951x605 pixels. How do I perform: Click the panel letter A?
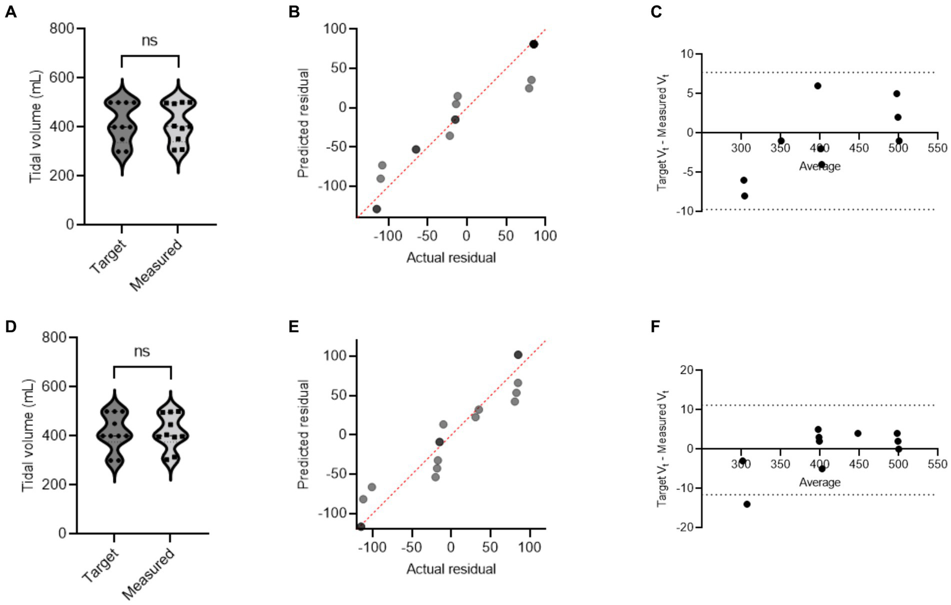(11, 12)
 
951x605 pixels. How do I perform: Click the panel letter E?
(294, 327)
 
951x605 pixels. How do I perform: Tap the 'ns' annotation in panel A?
(149, 41)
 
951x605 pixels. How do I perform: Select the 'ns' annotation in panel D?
(142, 351)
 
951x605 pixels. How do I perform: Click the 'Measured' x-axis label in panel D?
(149, 574)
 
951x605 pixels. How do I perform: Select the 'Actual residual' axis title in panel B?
(450, 258)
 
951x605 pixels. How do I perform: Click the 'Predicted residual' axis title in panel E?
(303, 435)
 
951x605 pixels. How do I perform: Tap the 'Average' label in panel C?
(819, 166)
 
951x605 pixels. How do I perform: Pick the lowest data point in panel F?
(747, 504)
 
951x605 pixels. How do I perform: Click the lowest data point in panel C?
(745, 196)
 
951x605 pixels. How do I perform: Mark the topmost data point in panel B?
(533, 44)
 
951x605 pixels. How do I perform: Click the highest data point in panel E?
(518, 355)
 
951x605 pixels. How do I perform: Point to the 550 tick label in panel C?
(937, 148)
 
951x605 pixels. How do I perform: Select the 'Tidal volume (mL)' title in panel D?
(28, 436)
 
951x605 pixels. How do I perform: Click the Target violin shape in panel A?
(122, 127)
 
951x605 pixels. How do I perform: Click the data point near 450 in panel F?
(858, 433)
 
